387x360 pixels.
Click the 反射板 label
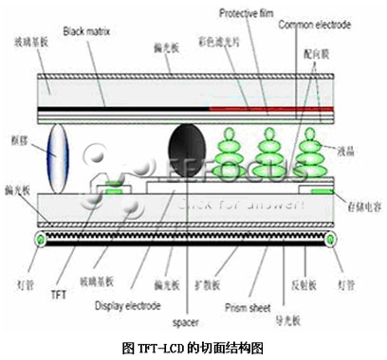(x=306, y=283)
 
